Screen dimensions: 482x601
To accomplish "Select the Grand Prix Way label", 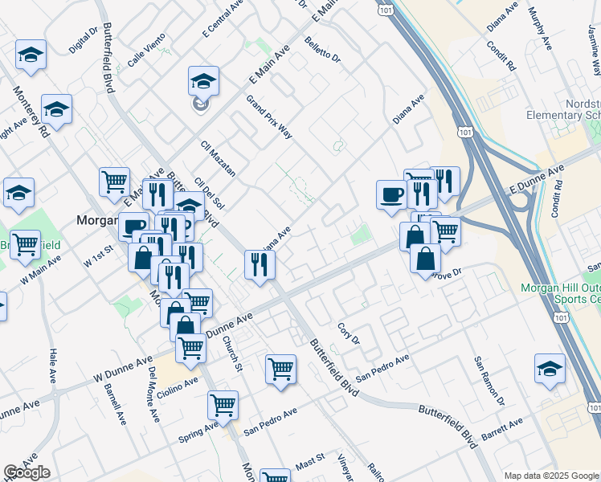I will pyautogui.click(x=269, y=116).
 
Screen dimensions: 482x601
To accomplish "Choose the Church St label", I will pyautogui.click(x=232, y=350).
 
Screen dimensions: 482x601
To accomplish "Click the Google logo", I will pyautogui.click(x=27, y=472).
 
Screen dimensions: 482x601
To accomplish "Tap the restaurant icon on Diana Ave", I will pyautogui.click(x=260, y=264).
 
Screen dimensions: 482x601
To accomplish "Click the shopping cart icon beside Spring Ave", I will pyautogui.click(x=223, y=404).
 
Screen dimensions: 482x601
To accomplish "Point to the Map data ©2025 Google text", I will pyautogui.click(x=550, y=476).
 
